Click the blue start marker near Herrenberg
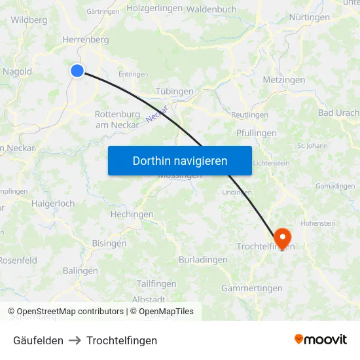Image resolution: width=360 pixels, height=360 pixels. tap(77, 71)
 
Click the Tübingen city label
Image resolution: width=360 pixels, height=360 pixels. tap(175, 91)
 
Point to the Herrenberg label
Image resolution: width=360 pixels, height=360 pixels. tap(85, 40)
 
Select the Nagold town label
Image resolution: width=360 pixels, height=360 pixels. tap(17, 71)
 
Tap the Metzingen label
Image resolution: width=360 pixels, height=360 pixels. tap(283, 80)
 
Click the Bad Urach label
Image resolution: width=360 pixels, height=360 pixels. tap(338, 113)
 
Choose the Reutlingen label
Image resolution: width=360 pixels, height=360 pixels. tap(250, 115)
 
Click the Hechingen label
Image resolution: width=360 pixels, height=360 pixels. tap(132, 214)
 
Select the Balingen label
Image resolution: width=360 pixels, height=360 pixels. tap(81, 270)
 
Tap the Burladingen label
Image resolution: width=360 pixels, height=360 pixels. tap(203, 259)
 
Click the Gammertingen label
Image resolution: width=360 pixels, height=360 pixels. tap(251, 288)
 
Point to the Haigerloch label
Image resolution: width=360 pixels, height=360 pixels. tap(53, 204)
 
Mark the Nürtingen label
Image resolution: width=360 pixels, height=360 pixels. tap(309, 17)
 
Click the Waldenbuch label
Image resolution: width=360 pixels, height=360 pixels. tap(211, 9)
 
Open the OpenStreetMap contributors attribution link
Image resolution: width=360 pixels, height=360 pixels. tap(70, 312)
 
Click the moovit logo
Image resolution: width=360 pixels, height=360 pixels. tap(321, 339)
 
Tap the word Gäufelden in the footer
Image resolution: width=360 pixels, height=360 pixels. tap(38, 340)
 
